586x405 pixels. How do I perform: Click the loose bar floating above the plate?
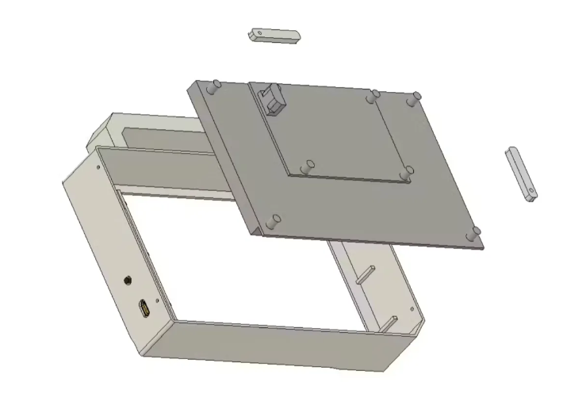pos(274,36)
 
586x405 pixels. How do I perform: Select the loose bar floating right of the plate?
pos(520,173)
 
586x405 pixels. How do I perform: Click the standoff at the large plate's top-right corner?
pos(412,101)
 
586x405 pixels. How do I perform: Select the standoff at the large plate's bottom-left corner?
pos(274,221)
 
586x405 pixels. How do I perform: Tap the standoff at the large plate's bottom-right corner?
pos(474,234)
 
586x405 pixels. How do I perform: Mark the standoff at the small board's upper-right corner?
pos(373,97)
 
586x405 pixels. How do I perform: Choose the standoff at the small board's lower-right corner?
pos(406,171)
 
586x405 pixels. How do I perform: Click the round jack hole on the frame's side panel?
pos(128,279)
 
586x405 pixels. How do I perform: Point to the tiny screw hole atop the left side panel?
pos(97,168)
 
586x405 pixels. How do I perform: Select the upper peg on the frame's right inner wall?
pos(364,273)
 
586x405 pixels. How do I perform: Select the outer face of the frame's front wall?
pos(278,344)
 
